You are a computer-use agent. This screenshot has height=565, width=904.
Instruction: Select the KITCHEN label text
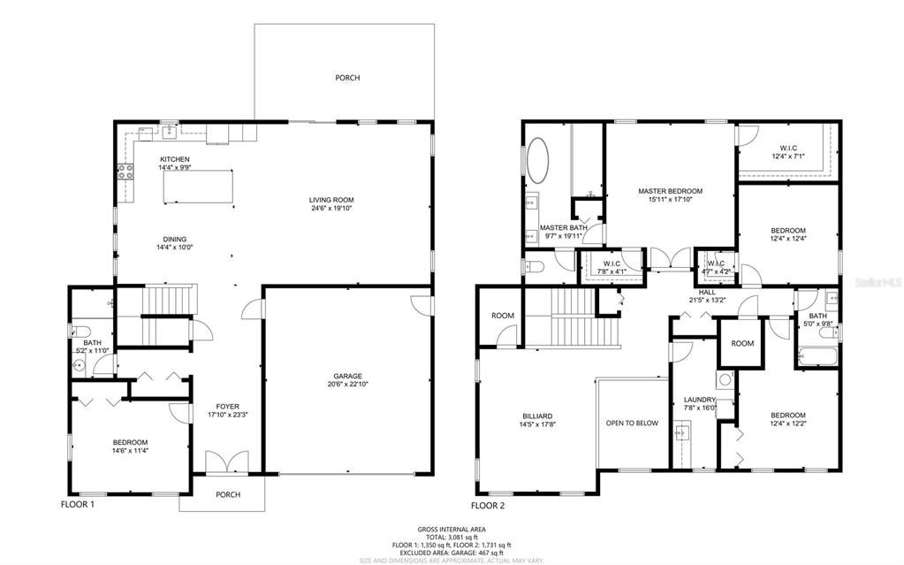[174, 159]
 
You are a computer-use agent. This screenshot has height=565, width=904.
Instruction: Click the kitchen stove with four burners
[125, 172]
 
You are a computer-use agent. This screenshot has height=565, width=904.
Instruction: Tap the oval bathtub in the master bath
[537, 164]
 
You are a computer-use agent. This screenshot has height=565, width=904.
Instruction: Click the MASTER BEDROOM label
[671, 191]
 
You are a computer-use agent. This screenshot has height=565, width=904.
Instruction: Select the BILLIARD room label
[536, 416]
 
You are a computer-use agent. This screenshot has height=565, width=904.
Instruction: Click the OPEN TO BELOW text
[632, 423]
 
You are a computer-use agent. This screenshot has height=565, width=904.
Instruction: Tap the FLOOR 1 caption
[77, 506]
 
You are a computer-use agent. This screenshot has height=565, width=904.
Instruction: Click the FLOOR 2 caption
[488, 506]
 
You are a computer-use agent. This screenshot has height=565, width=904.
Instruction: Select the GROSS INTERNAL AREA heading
[452, 529]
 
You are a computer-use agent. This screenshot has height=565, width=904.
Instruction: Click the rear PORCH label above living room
[347, 78]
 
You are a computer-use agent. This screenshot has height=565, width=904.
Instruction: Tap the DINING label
[174, 238]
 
